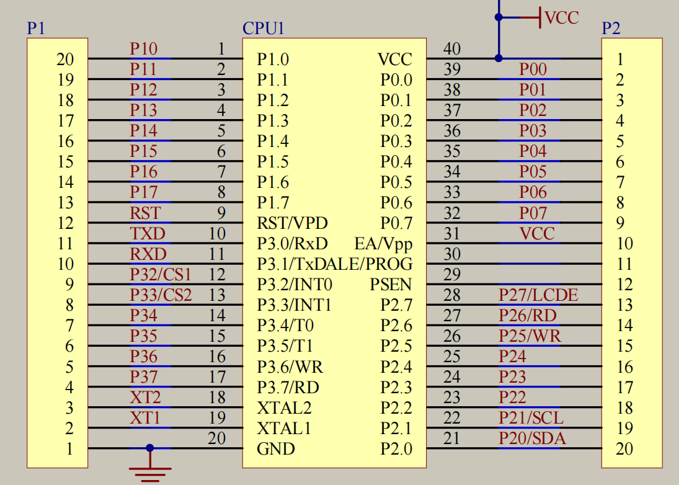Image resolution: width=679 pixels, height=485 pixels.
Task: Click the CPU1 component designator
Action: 263,29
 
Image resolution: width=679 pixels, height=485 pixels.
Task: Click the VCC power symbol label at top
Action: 561,17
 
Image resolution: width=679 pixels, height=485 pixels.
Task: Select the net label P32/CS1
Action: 160,274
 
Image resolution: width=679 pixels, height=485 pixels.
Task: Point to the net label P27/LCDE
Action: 538,295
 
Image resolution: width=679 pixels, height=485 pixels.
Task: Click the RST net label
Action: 145,213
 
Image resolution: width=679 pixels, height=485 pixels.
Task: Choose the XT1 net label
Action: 145,418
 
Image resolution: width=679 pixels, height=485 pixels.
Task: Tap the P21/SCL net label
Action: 531,418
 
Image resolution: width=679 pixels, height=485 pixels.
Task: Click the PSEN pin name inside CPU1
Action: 391,285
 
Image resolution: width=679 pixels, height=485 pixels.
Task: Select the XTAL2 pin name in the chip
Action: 284,408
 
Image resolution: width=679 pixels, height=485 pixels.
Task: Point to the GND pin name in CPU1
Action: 276,449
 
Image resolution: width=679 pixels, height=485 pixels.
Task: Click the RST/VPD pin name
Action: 292,223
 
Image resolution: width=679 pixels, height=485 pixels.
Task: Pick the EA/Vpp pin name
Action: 383,243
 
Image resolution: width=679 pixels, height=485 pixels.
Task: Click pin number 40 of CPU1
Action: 452,48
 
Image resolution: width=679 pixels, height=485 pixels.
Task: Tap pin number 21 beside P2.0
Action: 452,438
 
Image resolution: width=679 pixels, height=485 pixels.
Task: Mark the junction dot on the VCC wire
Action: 499,58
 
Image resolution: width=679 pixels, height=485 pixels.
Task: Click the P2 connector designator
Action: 611,29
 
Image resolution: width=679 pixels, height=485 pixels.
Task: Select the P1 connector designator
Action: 36,29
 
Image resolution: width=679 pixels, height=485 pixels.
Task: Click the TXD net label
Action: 148,234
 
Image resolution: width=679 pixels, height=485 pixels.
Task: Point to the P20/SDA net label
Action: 532,438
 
